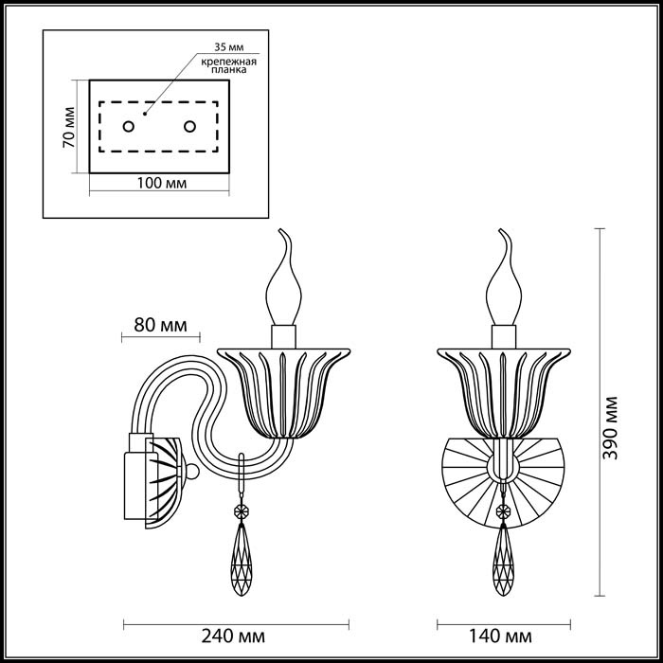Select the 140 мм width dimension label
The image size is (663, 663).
pyautogui.click(x=503, y=636)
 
